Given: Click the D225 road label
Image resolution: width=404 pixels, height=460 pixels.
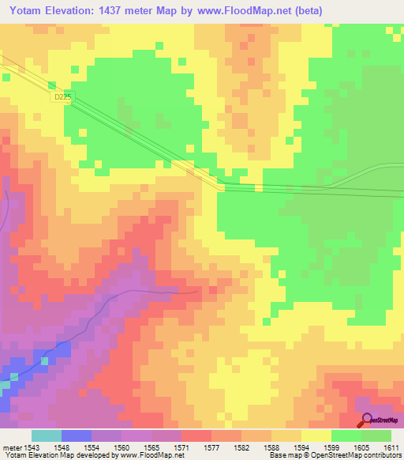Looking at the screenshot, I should [x=63, y=96].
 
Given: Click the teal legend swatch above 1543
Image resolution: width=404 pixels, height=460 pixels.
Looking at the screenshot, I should [x=47, y=435].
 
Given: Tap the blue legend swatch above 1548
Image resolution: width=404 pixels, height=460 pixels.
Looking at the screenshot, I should [x=77, y=435].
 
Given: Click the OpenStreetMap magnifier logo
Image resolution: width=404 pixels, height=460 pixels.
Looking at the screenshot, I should [x=366, y=420].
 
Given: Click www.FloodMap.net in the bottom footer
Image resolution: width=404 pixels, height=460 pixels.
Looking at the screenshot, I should [x=155, y=455].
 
